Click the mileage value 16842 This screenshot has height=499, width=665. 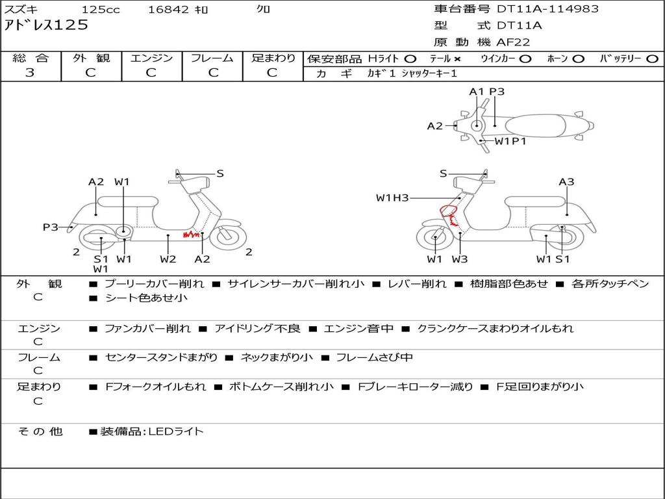pyautogui.click(x=168, y=10)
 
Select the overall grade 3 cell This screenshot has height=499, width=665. pyautogui.click(x=30, y=73)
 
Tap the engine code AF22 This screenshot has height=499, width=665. pyautogui.click(x=513, y=42)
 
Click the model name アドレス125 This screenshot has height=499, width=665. pyautogui.click(x=46, y=25)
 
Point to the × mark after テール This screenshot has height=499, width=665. pyautogui.click(x=457, y=58)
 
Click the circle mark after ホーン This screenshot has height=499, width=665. pyautogui.click(x=578, y=58)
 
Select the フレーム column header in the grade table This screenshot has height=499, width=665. pyautogui.click(x=212, y=58)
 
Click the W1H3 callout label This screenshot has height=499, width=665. pyautogui.click(x=392, y=198)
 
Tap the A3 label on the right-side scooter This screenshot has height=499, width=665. pyautogui.click(x=566, y=182)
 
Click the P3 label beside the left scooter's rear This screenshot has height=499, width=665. pyautogui.click(x=51, y=227)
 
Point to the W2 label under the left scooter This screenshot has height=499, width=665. pyautogui.click(x=168, y=259)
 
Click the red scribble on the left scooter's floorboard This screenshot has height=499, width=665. pyautogui.click(x=191, y=234)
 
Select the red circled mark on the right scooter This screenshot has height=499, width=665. pyautogui.click(x=447, y=211)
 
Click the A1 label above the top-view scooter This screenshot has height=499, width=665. pyautogui.click(x=477, y=92)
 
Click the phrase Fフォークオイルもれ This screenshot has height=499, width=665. pyautogui.click(x=156, y=387)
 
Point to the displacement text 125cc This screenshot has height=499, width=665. pyautogui.click(x=101, y=10)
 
